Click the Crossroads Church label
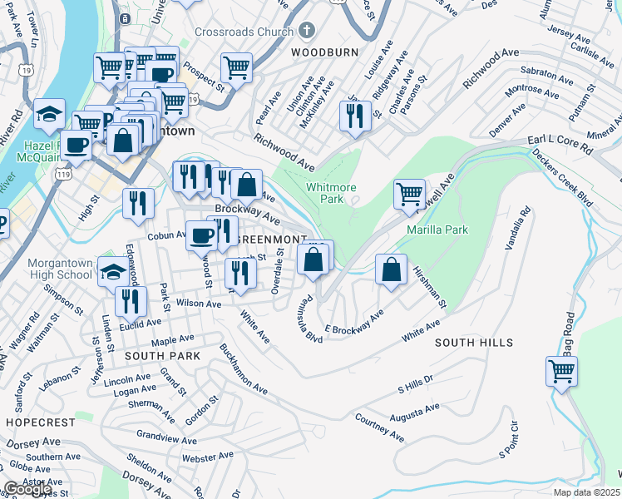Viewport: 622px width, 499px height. click(x=244, y=32)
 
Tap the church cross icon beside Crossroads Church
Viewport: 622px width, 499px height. click(x=306, y=32)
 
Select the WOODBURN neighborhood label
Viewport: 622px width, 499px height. click(x=324, y=52)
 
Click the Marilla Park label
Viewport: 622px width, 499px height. click(x=437, y=230)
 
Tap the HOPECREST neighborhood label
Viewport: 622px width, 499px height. click(x=40, y=422)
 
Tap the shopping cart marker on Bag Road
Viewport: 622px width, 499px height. click(x=562, y=370)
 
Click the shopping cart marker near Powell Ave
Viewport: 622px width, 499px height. click(x=409, y=194)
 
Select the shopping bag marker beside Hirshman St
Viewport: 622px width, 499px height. click(x=391, y=269)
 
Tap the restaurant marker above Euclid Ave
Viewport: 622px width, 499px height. click(x=131, y=301)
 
